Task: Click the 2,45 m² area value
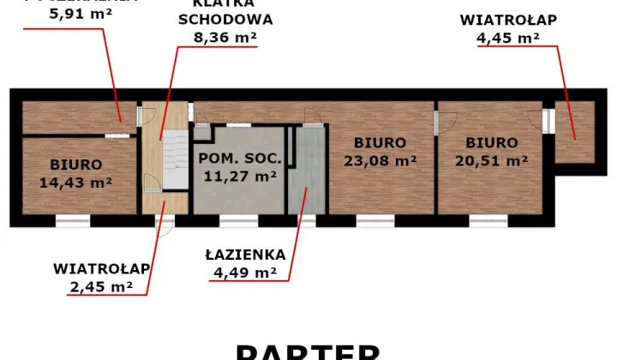(x=101, y=287)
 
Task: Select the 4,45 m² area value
(x=507, y=37)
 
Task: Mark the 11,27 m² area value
(x=240, y=177)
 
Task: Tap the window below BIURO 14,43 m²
(x=73, y=221)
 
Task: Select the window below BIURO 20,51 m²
(x=487, y=221)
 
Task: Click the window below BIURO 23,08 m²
(x=374, y=221)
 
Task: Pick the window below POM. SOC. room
(x=239, y=221)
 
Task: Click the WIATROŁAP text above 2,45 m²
(x=101, y=268)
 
